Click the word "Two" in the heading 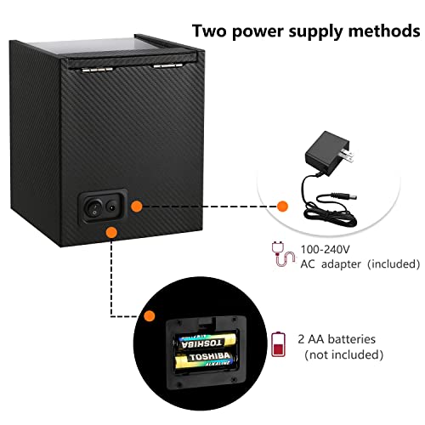(x=209, y=31)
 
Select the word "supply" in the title (x=315, y=32)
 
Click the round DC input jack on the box (x=111, y=207)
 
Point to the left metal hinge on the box (x=97, y=69)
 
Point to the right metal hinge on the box (x=167, y=65)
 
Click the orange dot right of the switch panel (x=136, y=207)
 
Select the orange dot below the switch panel (x=111, y=233)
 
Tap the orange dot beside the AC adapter (x=282, y=207)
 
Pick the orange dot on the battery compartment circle (x=150, y=315)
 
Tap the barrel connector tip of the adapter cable (x=350, y=197)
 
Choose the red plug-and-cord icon (x=283, y=254)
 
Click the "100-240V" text (x=325, y=250)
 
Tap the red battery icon (x=278, y=344)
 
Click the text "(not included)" (x=343, y=354)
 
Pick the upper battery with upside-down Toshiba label (x=206, y=342)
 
